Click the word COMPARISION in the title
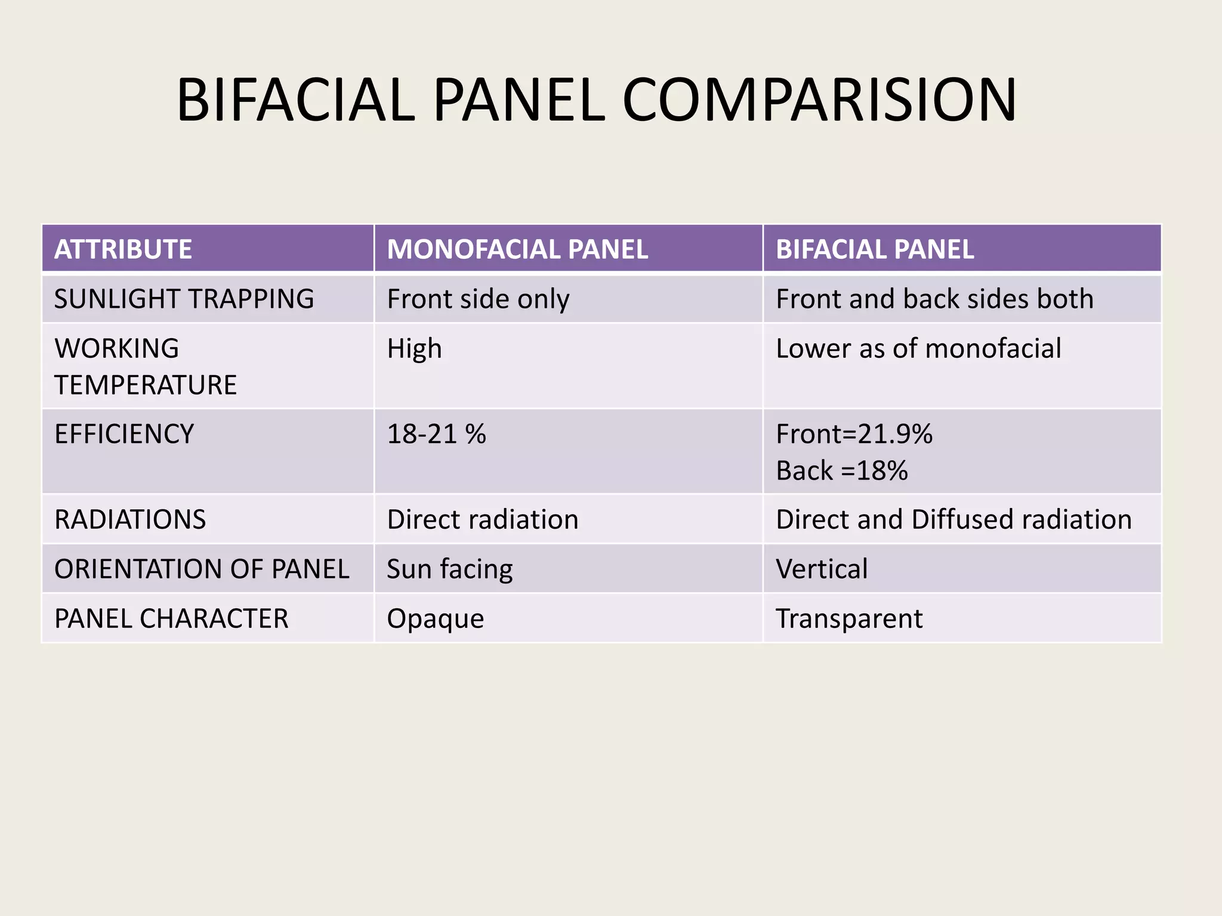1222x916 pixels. [x=819, y=100]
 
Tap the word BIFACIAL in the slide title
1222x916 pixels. [x=295, y=100]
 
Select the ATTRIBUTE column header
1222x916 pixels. [x=123, y=249]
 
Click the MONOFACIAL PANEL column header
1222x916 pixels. [x=517, y=249]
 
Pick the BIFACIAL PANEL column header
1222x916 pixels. [x=875, y=249]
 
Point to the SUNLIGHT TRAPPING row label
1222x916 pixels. [x=184, y=299]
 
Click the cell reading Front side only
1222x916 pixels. [x=478, y=299]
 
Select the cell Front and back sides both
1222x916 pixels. [x=934, y=299]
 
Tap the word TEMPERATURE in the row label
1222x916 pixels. [x=146, y=385]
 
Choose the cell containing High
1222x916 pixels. [x=414, y=349]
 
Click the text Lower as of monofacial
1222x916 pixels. [x=918, y=349]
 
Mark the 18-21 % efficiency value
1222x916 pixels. [x=436, y=434]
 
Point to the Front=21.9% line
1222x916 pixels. [x=854, y=434]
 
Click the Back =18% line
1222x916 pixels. [x=841, y=471]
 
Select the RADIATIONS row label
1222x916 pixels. [x=130, y=519]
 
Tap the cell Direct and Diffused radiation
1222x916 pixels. [x=953, y=519]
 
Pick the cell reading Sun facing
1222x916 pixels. [x=449, y=569]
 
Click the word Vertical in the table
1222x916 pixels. [x=822, y=569]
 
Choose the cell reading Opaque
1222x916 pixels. [x=435, y=619]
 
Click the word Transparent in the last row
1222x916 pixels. [x=849, y=619]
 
